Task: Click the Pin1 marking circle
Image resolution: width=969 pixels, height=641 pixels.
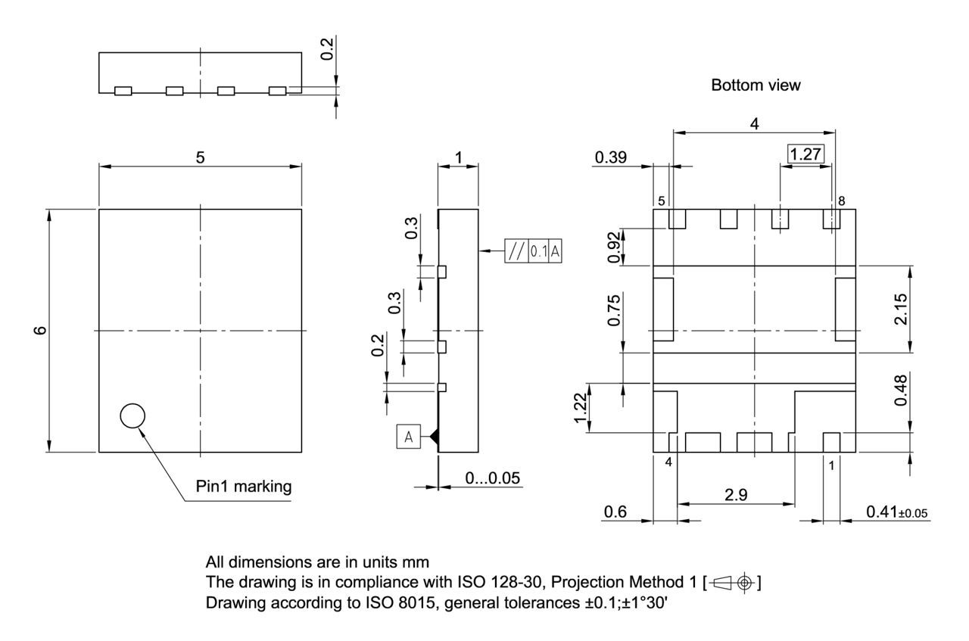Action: (x=132, y=415)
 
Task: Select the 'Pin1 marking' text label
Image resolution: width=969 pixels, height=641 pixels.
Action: (x=244, y=487)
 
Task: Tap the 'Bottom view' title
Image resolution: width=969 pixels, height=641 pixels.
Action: (x=755, y=86)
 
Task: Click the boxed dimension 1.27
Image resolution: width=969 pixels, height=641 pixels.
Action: (x=805, y=155)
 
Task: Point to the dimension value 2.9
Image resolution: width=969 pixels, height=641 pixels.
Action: (x=735, y=495)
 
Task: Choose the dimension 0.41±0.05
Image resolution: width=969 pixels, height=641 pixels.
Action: (x=898, y=513)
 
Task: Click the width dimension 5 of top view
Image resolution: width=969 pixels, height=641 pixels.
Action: (x=200, y=157)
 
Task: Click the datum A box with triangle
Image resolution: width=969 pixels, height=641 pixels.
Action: (x=408, y=437)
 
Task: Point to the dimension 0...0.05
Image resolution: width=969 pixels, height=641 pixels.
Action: (x=491, y=478)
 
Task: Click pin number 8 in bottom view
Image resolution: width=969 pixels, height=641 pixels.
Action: (x=842, y=201)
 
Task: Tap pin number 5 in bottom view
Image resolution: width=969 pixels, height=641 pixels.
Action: (x=661, y=201)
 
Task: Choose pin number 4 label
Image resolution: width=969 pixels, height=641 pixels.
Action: (x=668, y=463)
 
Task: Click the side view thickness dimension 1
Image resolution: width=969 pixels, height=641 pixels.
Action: (x=458, y=157)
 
